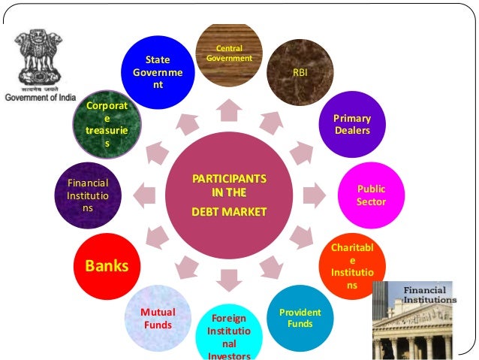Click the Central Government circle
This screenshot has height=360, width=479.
(x=228, y=53)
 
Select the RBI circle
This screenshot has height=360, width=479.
(x=300, y=72)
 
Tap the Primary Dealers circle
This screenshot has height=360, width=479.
(x=352, y=125)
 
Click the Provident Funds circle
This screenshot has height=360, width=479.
(x=300, y=319)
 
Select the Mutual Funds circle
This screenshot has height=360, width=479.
(x=157, y=319)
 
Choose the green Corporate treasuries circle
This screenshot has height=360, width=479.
(x=106, y=125)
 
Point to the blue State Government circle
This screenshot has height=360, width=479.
(x=157, y=73)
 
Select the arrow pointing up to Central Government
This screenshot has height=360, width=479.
(x=228, y=110)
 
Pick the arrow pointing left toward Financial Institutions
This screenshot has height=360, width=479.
(x=143, y=196)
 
